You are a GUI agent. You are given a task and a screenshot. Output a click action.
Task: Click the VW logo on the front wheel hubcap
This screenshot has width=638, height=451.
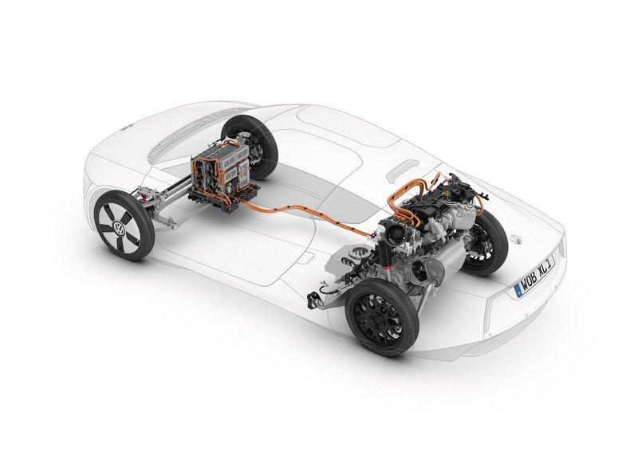[x=122, y=228]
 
